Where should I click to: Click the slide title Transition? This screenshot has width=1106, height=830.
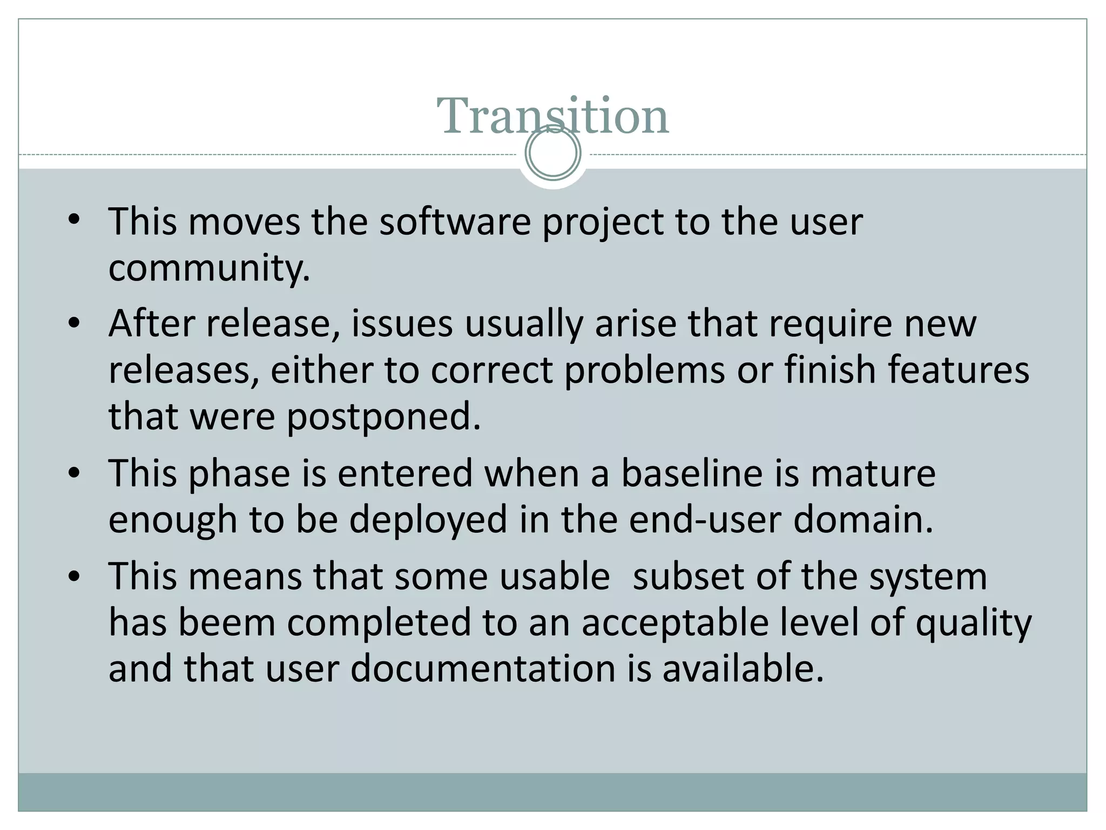(x=552, y=116)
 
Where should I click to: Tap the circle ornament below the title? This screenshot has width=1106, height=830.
(x=553, y=153)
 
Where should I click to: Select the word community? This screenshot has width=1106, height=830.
(x=208, y=268)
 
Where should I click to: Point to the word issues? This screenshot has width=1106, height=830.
(x=402, y=324)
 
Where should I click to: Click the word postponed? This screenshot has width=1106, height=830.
(x=383, y=417)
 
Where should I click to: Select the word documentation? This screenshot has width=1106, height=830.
(x=483, y=668)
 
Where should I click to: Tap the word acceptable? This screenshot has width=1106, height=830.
(x=675, y=622)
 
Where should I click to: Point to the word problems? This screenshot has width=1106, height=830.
(x=644, y=370)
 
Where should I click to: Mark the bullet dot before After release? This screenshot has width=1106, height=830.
(x=74, y=324)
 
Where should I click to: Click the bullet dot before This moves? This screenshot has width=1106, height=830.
(x=74, y=220)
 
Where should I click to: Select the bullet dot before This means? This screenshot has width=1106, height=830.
(x=74, y=575)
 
